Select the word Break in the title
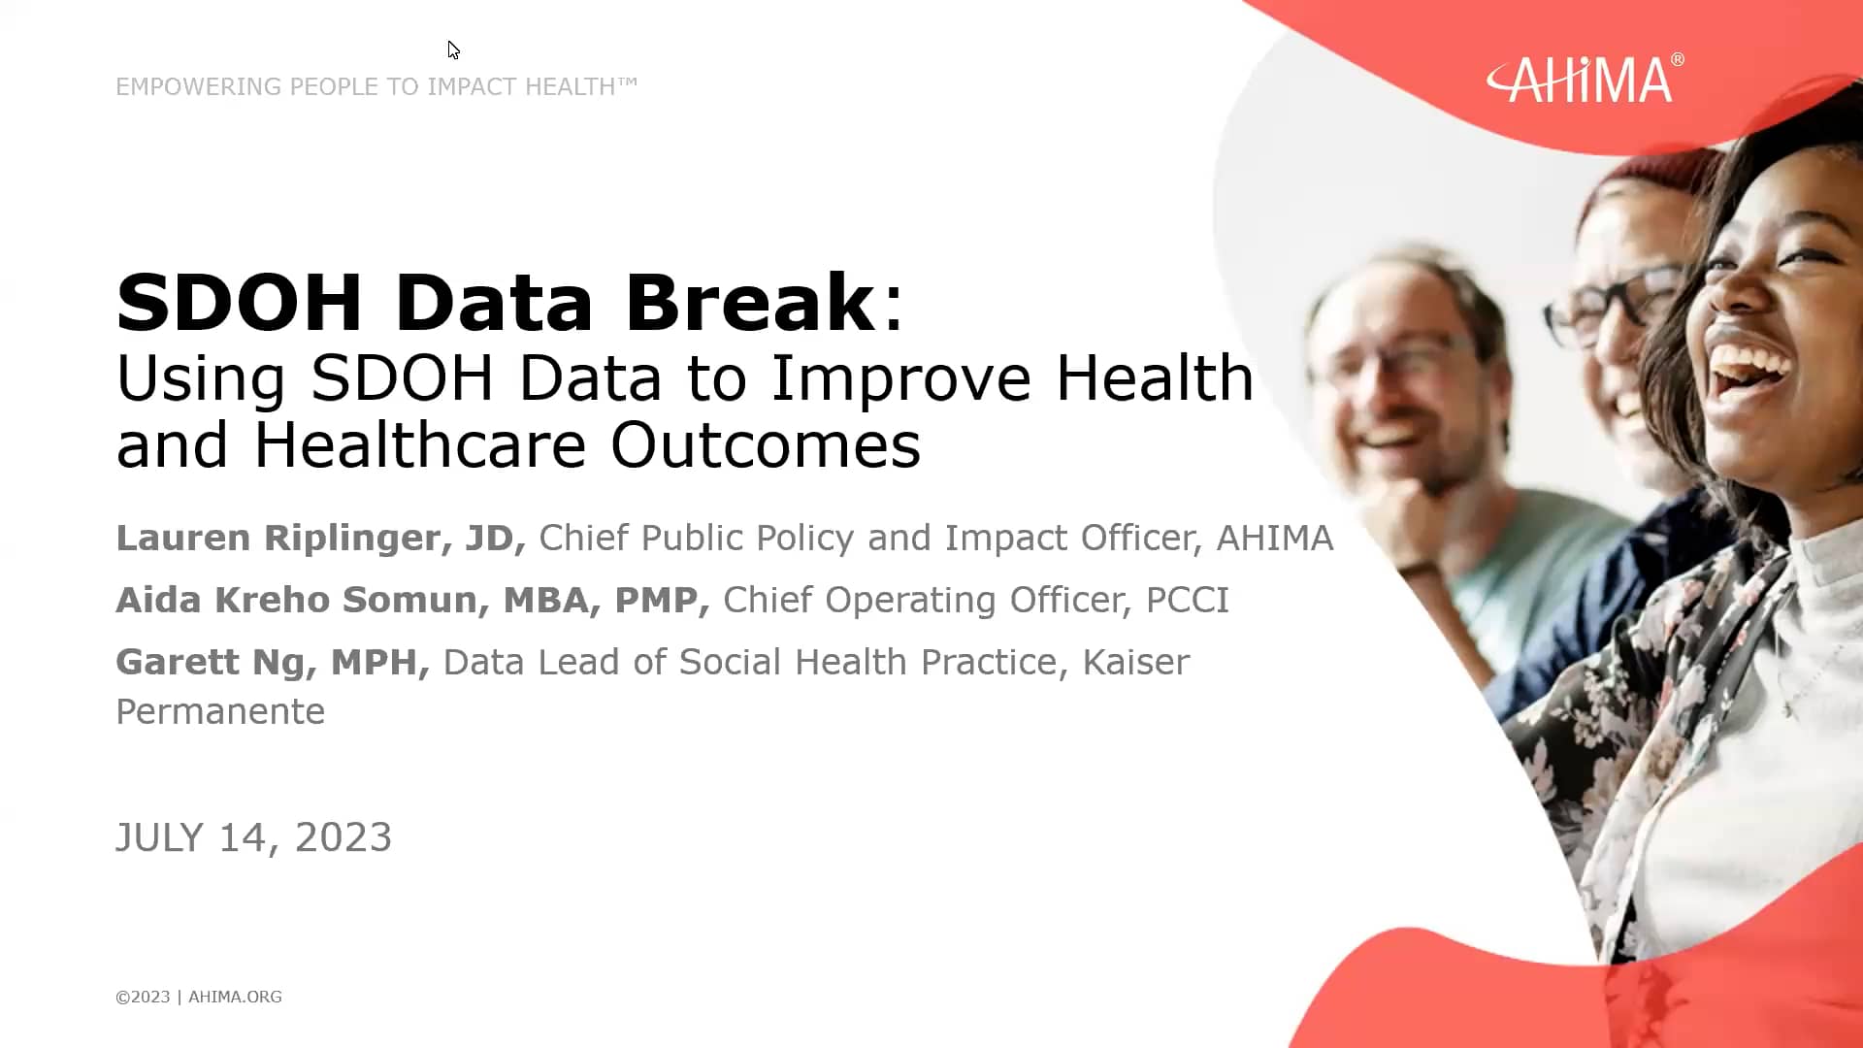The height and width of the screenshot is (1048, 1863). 749,303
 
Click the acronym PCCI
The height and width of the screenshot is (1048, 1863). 1187,600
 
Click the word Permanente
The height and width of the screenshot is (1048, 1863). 220,712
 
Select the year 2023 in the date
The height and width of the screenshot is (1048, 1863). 343,837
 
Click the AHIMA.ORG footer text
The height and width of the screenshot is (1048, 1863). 235,997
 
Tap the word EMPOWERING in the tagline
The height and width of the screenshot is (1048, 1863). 198,86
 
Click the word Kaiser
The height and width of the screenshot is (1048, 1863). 1135,662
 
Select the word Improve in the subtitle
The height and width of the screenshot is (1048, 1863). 899,377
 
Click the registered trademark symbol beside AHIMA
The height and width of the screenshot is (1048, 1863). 1678,60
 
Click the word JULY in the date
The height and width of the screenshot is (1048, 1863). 159,837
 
